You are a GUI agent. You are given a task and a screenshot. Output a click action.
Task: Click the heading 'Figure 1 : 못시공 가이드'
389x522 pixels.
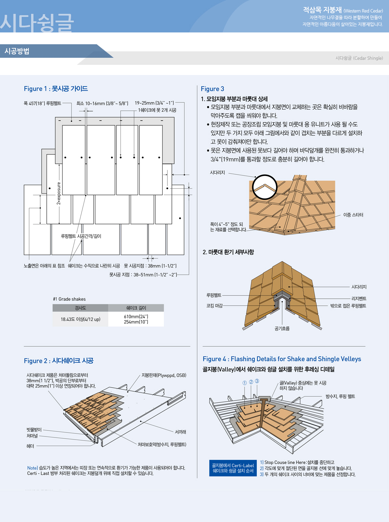coord(56,89)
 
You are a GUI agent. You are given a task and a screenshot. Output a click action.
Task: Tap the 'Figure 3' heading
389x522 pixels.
coord(212,89)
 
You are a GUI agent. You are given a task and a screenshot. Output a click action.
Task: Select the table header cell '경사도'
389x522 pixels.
coord(81,308)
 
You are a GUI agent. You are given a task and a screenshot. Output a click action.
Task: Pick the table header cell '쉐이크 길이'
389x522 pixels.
coord(136,308)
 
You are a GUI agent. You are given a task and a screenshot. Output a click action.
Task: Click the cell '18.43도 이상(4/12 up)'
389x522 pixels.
coord(81,319)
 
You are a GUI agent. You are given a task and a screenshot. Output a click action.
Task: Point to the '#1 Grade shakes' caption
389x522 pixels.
coord(69,299)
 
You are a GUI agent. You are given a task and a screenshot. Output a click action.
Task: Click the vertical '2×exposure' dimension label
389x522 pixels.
coord(59,193)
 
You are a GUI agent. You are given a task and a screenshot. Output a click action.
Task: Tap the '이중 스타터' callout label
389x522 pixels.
coord(353,215)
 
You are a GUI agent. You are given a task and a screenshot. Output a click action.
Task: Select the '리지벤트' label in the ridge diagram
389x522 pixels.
coord(359,299)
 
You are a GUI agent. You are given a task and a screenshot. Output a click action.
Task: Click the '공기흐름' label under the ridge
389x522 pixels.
coord(282,328)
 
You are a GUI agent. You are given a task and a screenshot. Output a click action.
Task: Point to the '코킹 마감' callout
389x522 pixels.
coord(214,306)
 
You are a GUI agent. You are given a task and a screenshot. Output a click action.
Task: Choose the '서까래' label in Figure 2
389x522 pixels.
coord(180,432)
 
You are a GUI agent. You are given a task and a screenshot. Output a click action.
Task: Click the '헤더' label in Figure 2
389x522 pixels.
coord(30,446)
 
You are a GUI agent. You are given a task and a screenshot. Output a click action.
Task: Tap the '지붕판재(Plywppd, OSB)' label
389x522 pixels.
coord(164,375)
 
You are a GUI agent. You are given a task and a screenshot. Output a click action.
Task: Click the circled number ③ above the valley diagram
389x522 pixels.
coord(257,381)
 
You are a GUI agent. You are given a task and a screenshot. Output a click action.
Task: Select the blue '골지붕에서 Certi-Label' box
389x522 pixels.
coord(233,468)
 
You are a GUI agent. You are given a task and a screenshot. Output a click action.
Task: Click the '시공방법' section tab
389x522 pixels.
coord(17,51)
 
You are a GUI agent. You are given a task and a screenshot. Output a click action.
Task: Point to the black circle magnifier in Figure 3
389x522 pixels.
coord(265,187)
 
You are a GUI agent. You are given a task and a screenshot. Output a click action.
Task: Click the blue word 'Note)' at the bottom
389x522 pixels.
coord(32,468)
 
